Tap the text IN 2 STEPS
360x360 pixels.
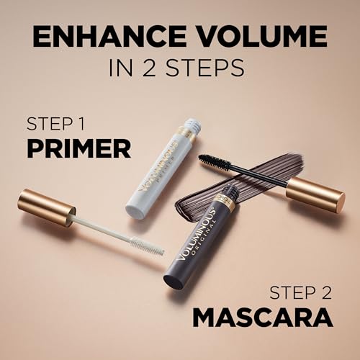click(179, 68)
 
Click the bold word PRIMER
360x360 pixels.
click(78, 148)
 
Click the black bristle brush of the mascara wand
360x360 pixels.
click(214, 163)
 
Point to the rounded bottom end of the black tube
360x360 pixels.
click(173, 279)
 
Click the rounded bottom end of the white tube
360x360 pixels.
click(136, 212)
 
